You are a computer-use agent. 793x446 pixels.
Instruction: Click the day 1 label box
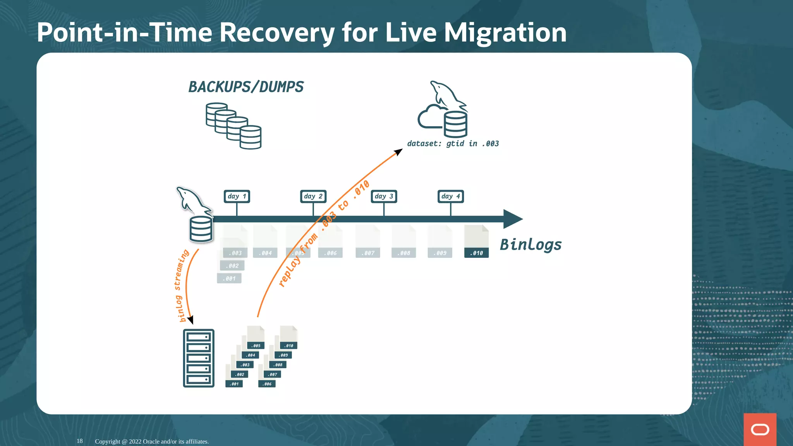pyautogui.click(x=237, y=196)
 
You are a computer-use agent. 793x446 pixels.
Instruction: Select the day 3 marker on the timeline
pyautogui.click(x=384, y=196)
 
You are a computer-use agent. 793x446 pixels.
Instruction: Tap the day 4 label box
pyautogui.click(x=450, y=196)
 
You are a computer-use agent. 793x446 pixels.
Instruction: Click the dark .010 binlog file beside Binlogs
pyautogui.click(x=476, y=242)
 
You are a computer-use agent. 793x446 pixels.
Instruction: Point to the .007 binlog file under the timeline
pyautogui.click(x=367, y=242)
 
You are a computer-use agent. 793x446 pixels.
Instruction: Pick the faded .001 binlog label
pyautogui.click(x=229, y=278)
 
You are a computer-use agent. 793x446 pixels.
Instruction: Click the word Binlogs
pyautogui.click(x=530, y=245)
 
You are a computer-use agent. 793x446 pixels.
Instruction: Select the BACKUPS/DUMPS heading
pyautogui.click(x=246, y=87)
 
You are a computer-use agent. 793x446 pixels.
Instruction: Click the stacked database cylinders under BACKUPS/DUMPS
pyautogui.click(x=233, y=126)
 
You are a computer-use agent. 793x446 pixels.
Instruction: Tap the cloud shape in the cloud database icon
pyautogui.click(x=429, y=117)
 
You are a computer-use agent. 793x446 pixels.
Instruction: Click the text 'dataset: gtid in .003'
pyautogui.click(x=453, y=144)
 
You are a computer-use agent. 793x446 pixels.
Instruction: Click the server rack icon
pyautogui.click(x=199, y=358)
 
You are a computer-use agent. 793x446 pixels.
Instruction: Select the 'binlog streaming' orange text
pyautogui.click(x=180, y=286)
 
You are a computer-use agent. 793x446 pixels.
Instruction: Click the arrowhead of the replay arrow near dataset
pyautogui.click(x=398, y=152)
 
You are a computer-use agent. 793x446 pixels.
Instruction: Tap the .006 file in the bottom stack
pyautogui.click(x=267, y=384)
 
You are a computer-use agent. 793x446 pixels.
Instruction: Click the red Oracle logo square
pyautogui.click(x=760, y=429)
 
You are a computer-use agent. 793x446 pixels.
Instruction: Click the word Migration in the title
pyautogui.click(x=505, y=33)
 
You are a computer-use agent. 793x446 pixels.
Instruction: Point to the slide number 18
pyautogui.click(x=79, y=441)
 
